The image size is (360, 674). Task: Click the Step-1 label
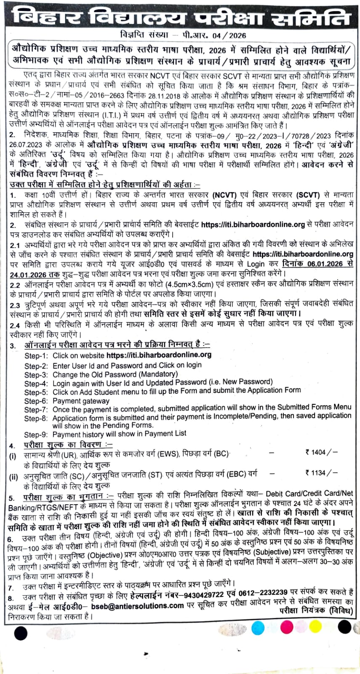click(36, 356)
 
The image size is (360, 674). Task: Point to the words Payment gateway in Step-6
click(81, 401)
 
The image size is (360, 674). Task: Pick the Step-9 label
click(36, 434)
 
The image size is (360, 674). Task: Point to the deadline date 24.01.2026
click(28, 274)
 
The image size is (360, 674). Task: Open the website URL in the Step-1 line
click(159, 355)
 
